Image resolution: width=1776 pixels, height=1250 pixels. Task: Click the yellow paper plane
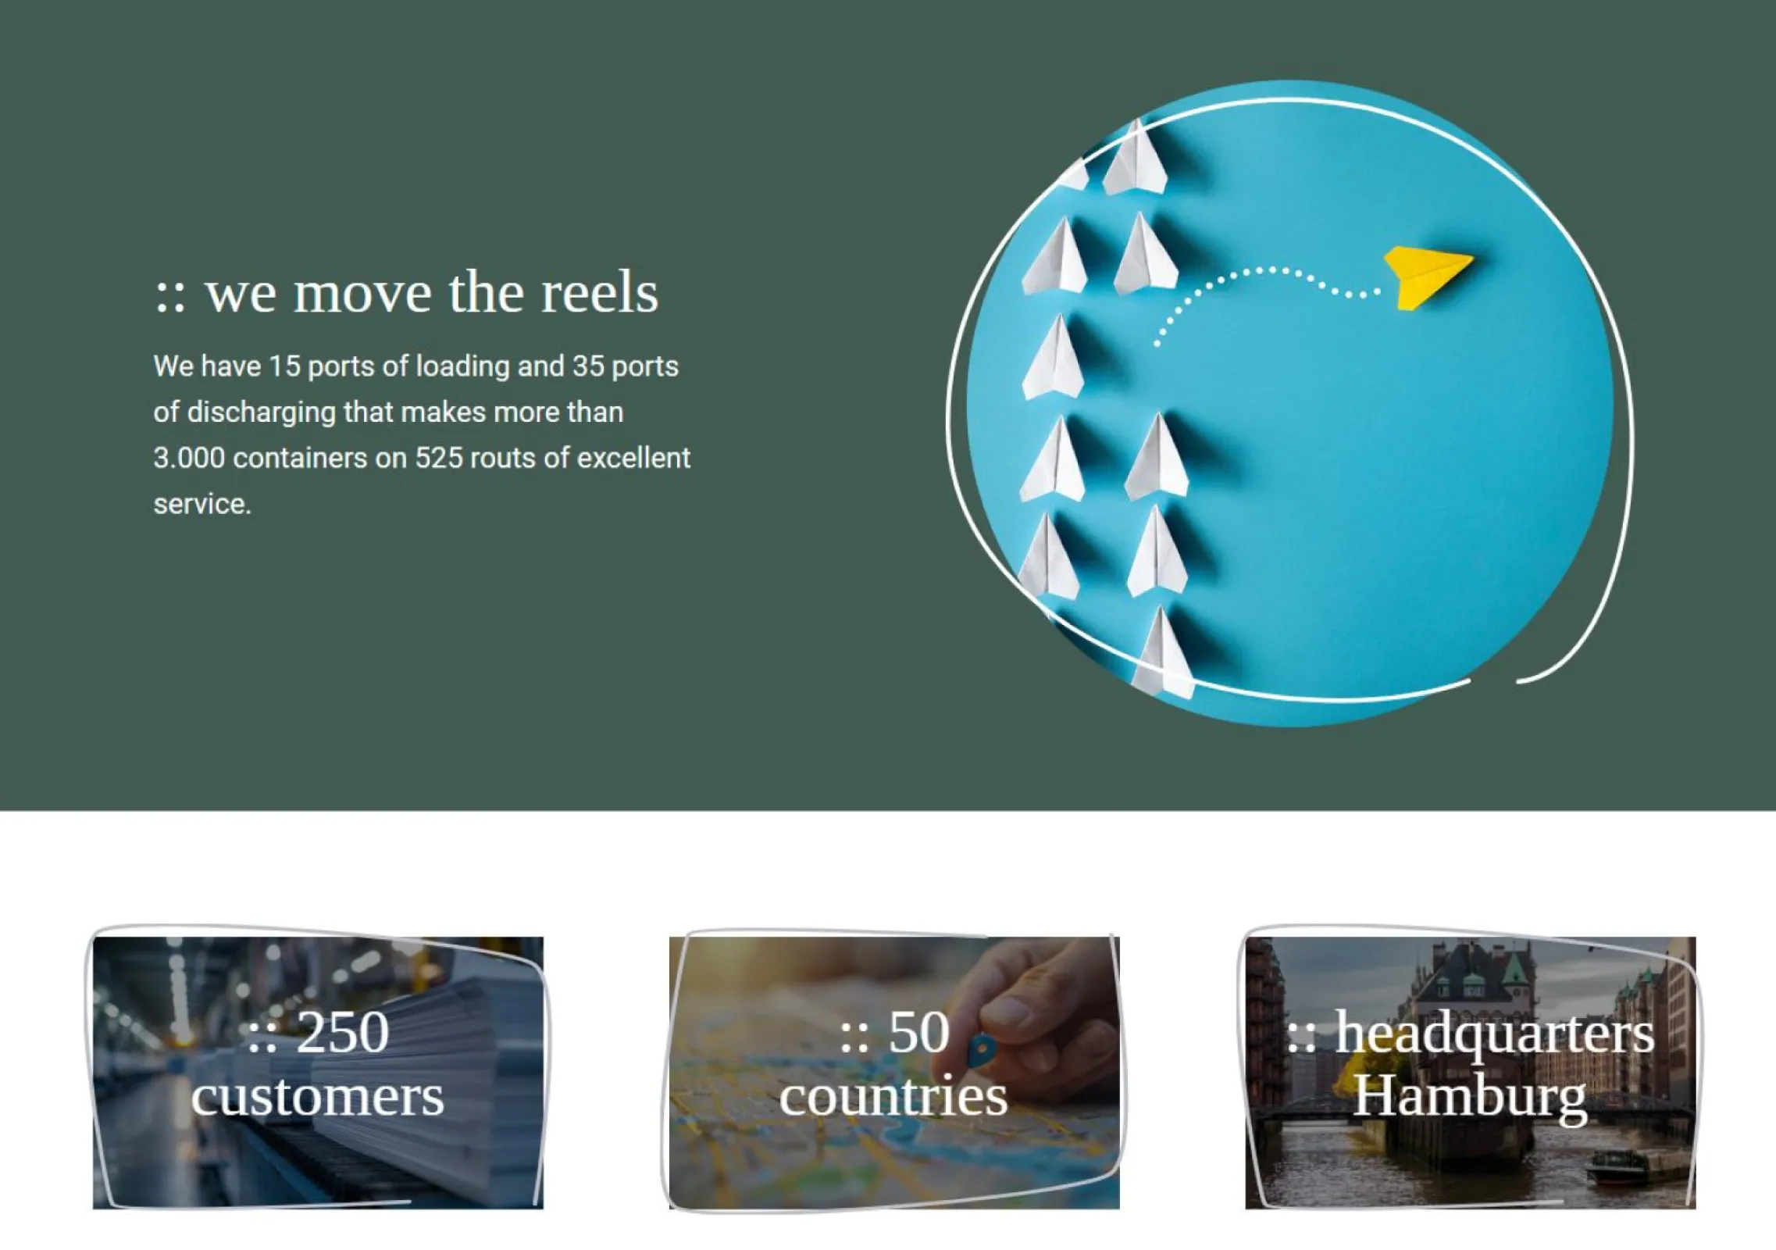click(x=1428, y=277)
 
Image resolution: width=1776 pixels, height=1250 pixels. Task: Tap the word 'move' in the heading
click(x=362, y=294)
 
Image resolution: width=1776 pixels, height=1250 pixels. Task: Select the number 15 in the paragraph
click(x=285, y=366)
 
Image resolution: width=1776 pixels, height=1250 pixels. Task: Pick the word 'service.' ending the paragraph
click(x=202, y=504)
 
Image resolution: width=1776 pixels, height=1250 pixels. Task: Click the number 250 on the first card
click(x=343, y=1032)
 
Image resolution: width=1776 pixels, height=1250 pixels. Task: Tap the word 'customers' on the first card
click(x=318, y=1096)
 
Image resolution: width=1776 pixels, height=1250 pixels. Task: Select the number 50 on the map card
click(x=919, y=1032)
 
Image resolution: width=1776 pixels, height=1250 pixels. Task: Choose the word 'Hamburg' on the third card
click(x=1470, y=1098)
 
